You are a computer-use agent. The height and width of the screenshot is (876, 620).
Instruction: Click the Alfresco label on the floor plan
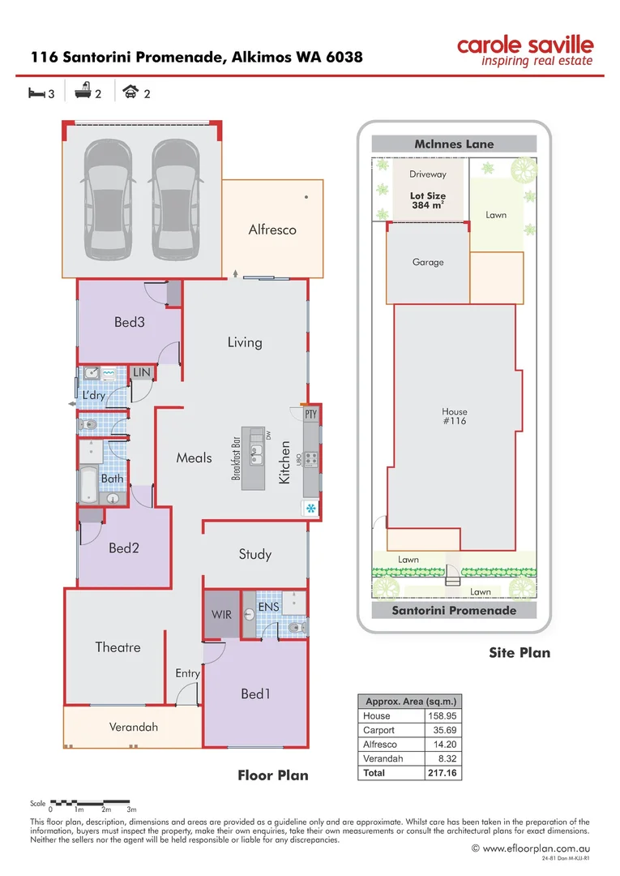[x=272, y=230]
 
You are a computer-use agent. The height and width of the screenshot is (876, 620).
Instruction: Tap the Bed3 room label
[x=129, y=322]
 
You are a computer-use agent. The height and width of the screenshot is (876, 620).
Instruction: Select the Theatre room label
[x=118, y=647]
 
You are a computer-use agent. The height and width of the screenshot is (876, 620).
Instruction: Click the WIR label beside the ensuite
[x=221, y=615]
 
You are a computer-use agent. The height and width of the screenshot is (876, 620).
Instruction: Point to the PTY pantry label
[x=310, y=414]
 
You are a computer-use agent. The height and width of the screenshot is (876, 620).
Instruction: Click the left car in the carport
[x=107, y=198]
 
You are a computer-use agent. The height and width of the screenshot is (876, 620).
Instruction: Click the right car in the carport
[x=174, y=198]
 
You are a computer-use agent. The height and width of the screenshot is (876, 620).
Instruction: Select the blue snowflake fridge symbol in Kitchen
[x=310, y=509]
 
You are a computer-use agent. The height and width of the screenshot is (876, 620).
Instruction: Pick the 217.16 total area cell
[x=442, y=773]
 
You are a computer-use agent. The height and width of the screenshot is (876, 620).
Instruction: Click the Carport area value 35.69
[x=442, y=730]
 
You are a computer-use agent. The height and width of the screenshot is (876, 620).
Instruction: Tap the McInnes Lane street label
[x=454, y=144]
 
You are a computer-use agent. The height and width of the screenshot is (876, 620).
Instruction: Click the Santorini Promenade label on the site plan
[x=454, y=611]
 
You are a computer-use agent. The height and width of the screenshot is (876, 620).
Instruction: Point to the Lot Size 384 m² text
[x=428, y=200]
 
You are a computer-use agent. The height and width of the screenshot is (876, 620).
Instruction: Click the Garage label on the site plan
[x=428, y=262]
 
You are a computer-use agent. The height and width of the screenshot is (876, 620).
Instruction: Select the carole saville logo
[x=524, y=50]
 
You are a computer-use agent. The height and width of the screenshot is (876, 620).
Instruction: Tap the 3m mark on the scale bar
[x=131, y=809]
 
